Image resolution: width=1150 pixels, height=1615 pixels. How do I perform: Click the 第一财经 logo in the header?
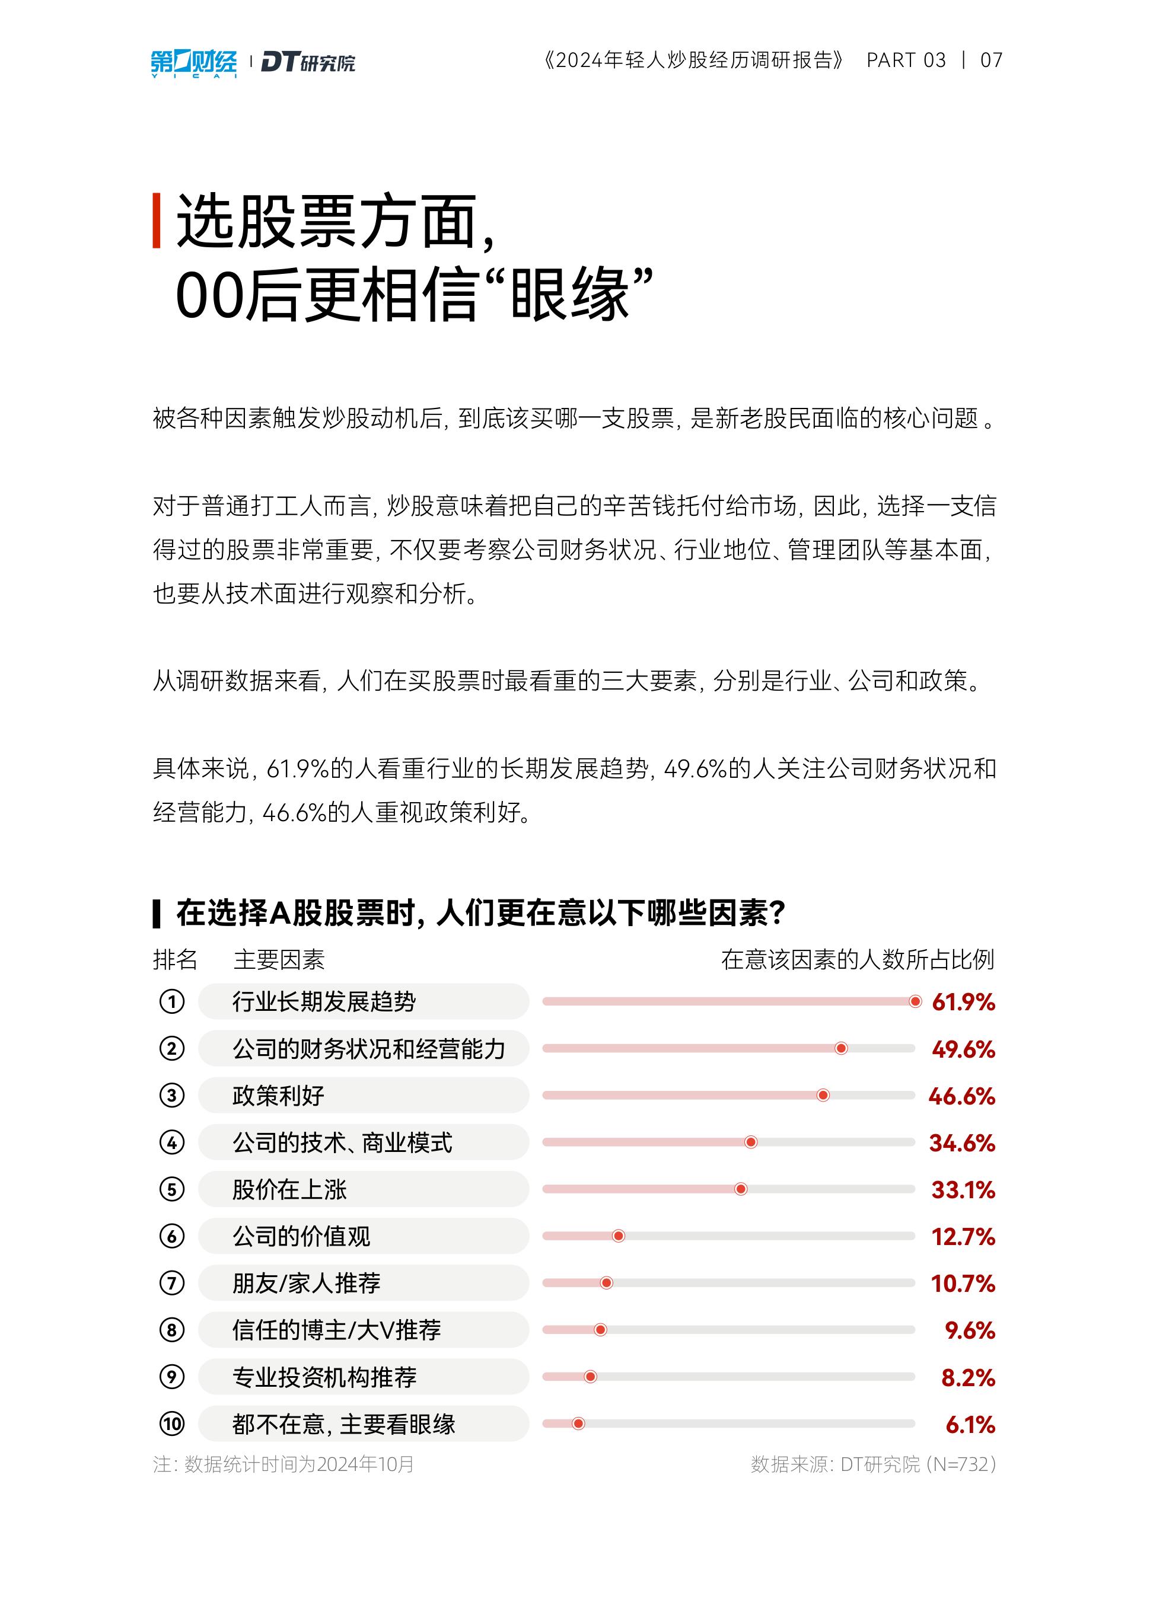[193, 62]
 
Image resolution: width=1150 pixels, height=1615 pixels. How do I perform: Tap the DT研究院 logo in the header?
[308, 62]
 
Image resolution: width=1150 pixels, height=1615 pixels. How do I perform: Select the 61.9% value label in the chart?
[963, 1002]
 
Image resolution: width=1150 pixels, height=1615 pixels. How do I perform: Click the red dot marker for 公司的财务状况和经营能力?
[841, 1048]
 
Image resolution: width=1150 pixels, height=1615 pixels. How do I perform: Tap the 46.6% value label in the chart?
[961, 1096]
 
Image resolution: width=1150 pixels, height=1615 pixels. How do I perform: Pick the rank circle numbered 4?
[171, 1142]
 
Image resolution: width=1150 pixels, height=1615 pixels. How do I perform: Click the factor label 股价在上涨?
[289, 1190]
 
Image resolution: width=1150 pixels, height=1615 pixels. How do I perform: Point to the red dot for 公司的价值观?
[618, 1236]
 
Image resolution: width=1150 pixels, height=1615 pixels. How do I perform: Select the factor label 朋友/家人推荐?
[307, 1283]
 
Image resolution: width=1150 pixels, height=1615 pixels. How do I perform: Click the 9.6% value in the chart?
[970, 1330]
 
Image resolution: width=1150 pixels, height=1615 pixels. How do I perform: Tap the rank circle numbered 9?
[171, 1377]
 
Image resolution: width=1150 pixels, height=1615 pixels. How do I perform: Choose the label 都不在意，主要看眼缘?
[343, 1424]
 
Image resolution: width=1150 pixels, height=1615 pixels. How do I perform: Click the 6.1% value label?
[970, 1425]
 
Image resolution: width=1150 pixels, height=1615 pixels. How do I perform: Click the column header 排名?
[175, 960]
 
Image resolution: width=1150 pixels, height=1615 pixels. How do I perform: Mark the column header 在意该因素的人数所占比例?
[858, 960]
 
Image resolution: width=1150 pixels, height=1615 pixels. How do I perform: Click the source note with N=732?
[873, 1464]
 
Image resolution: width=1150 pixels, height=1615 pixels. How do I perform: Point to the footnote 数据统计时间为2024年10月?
[283, 1464]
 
